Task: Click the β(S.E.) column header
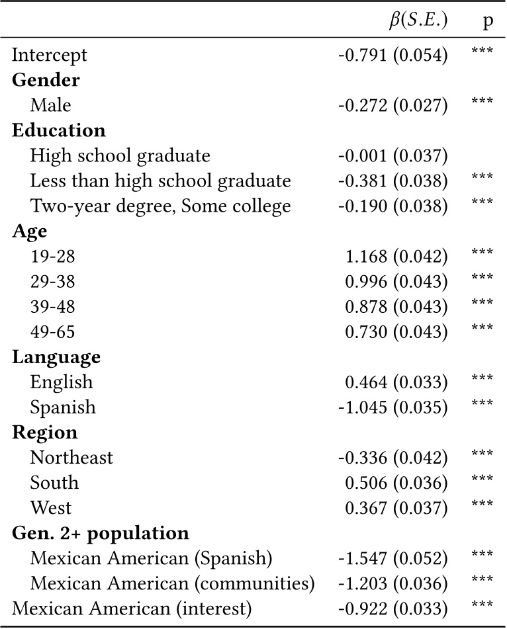pyautogui.click(x=418, y=21)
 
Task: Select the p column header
pyautogui.click(x=487, y=22)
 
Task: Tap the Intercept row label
pyautogui.click(x=50, y=56)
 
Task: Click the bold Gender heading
pyautogui.click(x=46, y=80)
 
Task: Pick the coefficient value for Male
pyautogui.click(x=392, y=105)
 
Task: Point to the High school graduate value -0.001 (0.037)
pyautogui.click(x=392, y=155)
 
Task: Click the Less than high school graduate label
pyautogui.click(x=161, y=181)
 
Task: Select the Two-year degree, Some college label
pyautogui.click(x=161, y=206)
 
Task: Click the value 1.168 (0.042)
pyautogui.click(x=396, y=257)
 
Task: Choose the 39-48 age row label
pyautogui.click(x=52, y=307)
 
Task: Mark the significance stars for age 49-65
pyautogui.click(x=482, y=327)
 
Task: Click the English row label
pyautogui.click(x=62, y=382)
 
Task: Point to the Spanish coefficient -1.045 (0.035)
pyautogui.click(x=392, y=407)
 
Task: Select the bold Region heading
pyautogui.click(x=45, y=433)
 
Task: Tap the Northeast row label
pyautogui.click(x=71, y=458)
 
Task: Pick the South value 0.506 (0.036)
pyautogui.click(x=396, y=483)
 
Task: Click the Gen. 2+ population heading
pyautogui.click(x=101, y=534)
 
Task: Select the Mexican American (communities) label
pyautogui.click(x=173, y=583)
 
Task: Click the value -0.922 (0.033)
pyautogui.click(x=392, y=609)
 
